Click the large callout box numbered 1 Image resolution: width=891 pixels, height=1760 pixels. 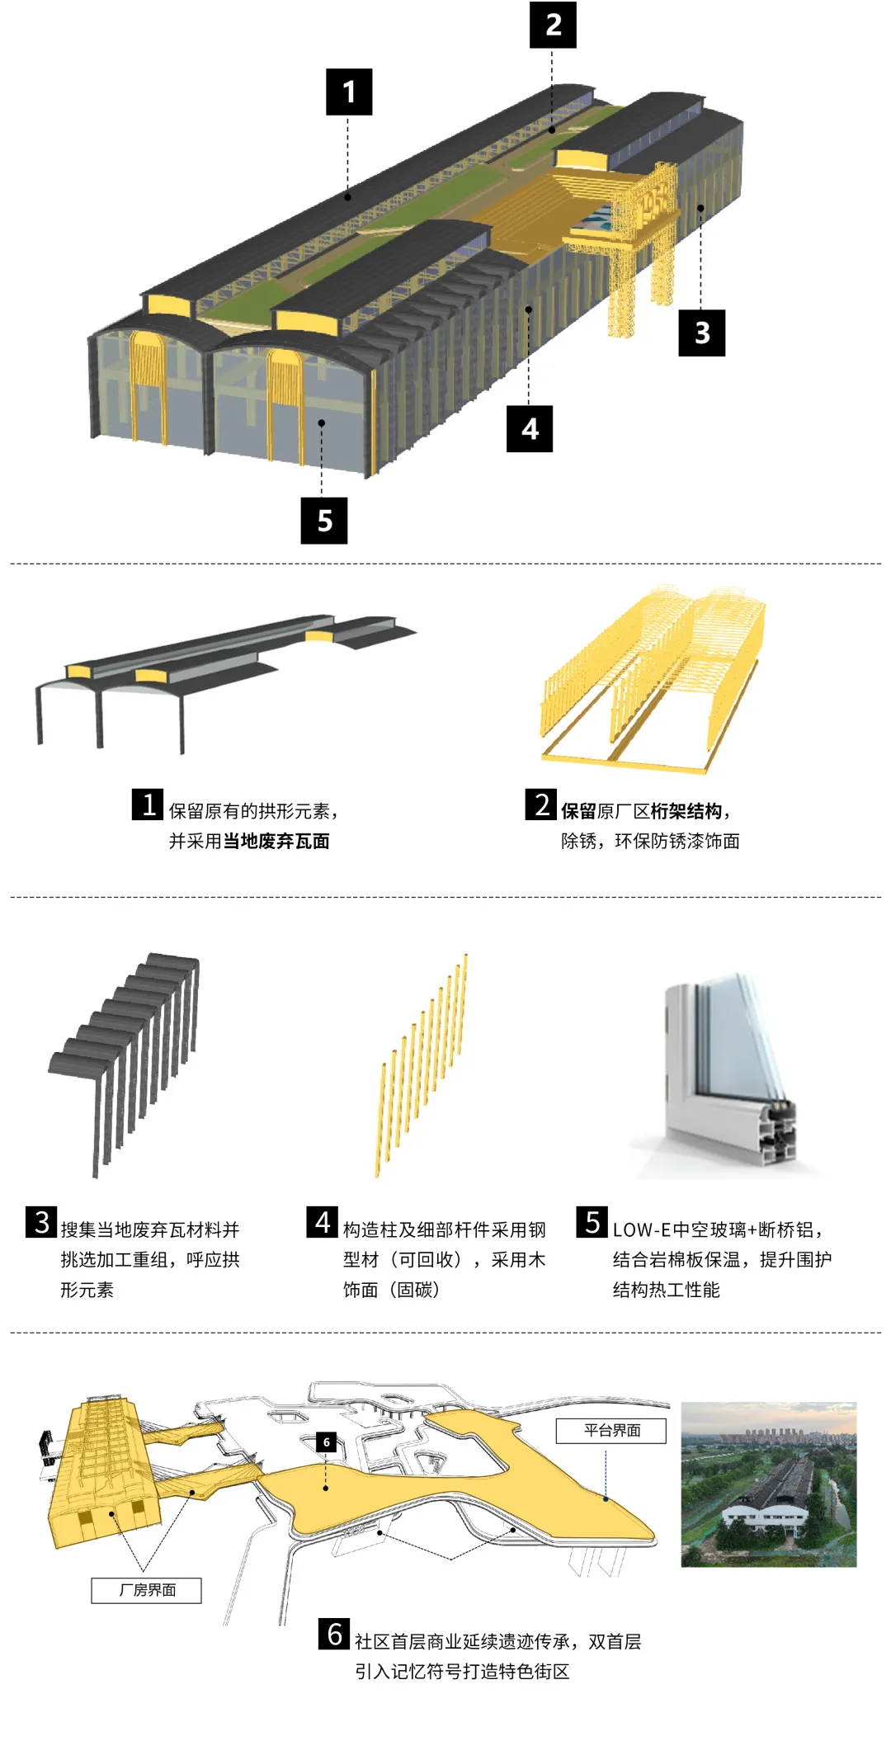[x=349, y=92]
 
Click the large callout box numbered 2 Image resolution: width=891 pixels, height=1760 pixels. [x=553, y=25]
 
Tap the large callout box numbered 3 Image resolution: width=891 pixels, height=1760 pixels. [x=701, y=333]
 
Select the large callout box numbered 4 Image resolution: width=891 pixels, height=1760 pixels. [x=530, y=428]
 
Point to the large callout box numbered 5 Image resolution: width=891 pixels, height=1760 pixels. [x=324, y=520]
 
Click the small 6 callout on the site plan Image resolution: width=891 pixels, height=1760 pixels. [x=327, y=1442]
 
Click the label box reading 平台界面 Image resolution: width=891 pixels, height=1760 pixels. [x=611, y=1430]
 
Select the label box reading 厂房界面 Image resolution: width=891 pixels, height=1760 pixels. [x=147, y=1590]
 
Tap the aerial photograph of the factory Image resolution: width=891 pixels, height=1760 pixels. [x=768, y=1484]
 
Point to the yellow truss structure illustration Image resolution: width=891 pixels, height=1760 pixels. [x=652, y=677]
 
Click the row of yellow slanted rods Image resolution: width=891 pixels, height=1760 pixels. [x=421, y=1064]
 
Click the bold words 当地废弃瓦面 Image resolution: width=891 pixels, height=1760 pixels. [x=276, y=841]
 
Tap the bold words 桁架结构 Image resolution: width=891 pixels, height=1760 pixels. [x=686, y=811]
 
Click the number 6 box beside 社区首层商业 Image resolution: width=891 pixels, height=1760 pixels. [x=334, y=1634]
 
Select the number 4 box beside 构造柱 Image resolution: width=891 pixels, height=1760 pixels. [x=323, y=1222]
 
